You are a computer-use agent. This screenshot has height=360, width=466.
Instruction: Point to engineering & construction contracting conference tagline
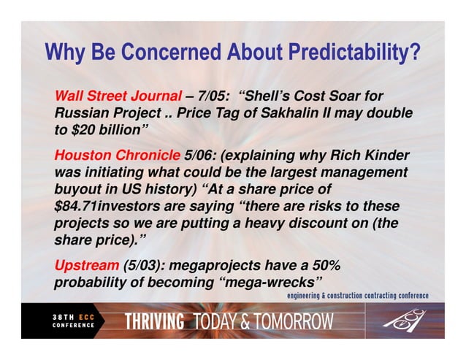(356, 296)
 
